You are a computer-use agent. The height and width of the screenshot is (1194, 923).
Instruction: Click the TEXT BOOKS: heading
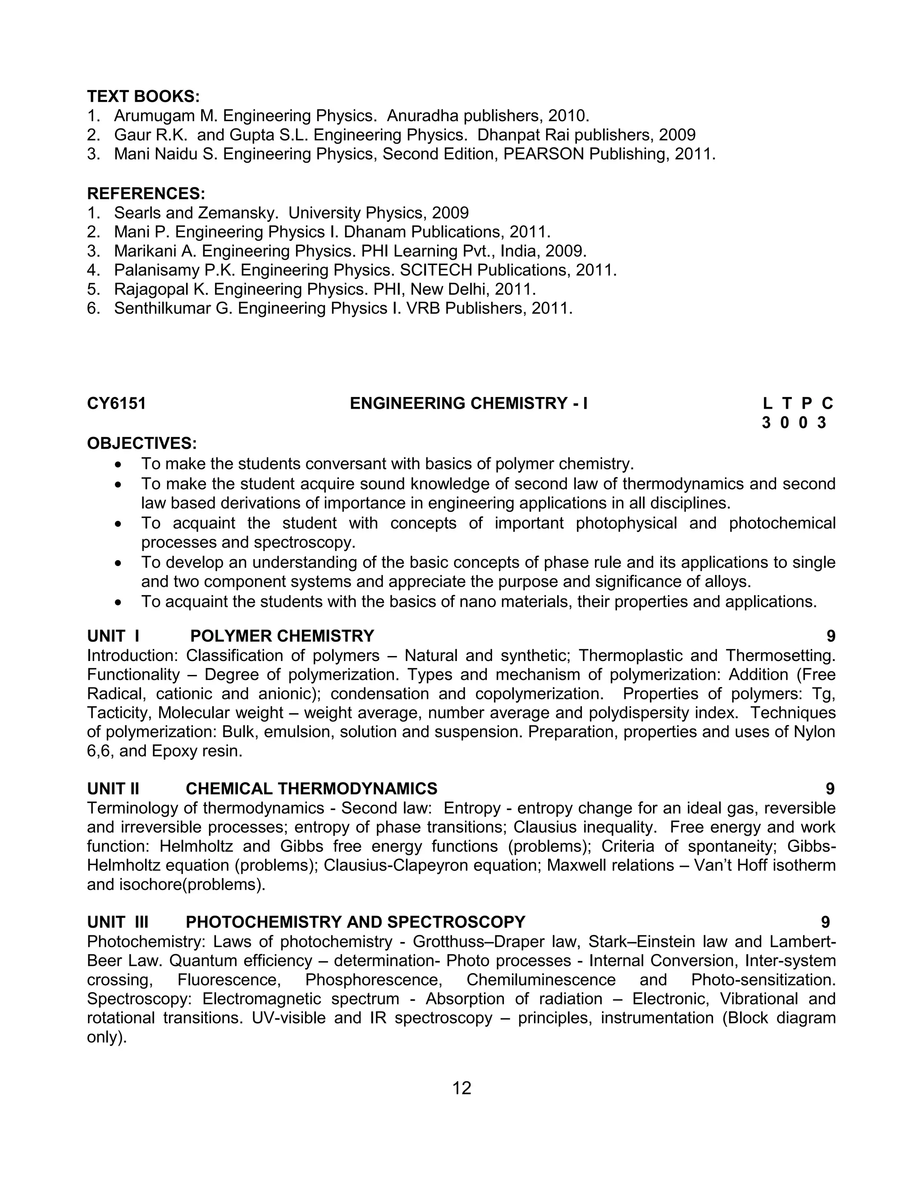[143, 97]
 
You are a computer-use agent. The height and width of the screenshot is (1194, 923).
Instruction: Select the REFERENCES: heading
[146, 194]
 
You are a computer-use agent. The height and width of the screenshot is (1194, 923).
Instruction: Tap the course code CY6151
[116, 403]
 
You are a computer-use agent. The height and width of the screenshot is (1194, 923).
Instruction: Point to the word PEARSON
[544, 154]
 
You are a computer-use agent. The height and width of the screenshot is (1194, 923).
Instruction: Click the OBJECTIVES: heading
[142, 443]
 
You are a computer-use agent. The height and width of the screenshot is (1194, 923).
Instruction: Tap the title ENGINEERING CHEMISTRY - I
[469, 403]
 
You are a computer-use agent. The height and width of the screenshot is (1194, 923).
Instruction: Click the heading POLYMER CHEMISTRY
[282, 636]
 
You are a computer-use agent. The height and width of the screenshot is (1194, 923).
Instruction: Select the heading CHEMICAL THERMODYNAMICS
[311, 788]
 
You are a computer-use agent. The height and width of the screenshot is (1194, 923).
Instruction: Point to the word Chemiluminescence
[541, 980]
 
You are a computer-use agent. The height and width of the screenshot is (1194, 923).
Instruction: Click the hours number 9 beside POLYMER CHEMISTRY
[831, 636]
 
